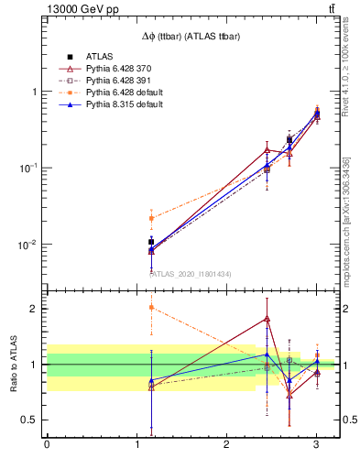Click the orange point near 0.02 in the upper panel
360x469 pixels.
(151, 218)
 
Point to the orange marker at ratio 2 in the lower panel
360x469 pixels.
(151, 308)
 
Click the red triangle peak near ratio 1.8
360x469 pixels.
(267, 319)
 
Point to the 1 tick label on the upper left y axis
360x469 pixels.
(35, 92)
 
